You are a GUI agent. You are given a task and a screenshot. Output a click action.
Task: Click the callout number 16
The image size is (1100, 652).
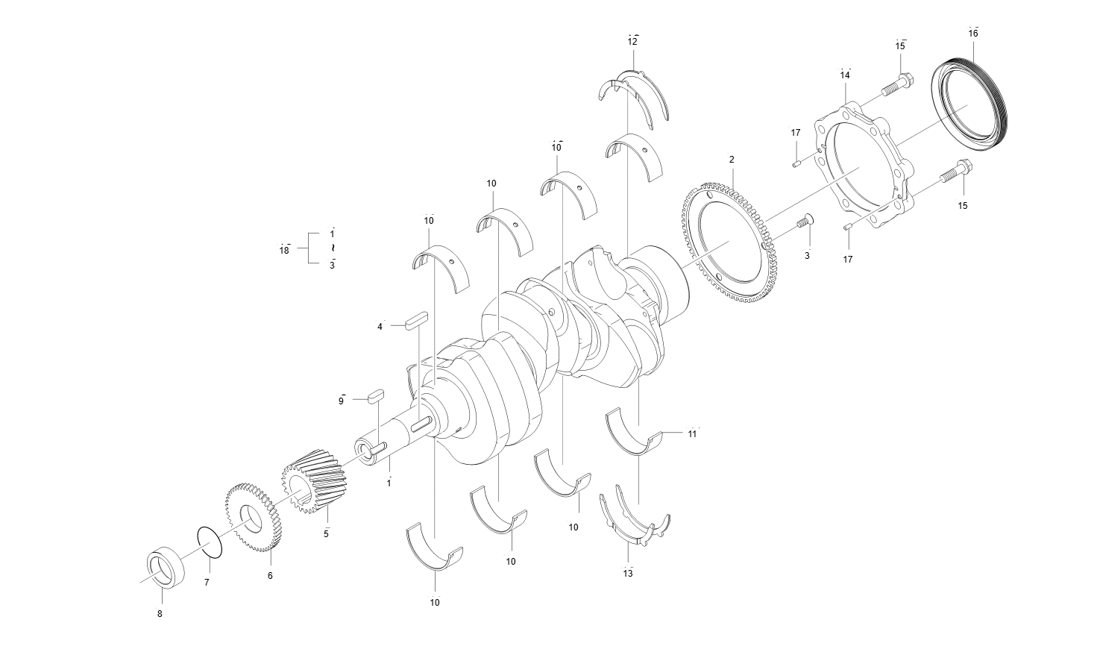coord(973,34)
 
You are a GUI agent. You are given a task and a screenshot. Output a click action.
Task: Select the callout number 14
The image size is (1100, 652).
coord(845,75)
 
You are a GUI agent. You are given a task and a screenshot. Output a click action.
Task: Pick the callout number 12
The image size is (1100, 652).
coord(632,42)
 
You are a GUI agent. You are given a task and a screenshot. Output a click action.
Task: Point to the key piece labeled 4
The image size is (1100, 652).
coord(415,322)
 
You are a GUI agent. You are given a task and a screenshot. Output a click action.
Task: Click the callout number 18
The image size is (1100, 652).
coord(284,251)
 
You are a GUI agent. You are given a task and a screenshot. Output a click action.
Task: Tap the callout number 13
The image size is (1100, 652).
coord(628,573)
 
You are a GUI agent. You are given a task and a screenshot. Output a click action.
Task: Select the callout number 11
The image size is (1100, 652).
coord(692,433)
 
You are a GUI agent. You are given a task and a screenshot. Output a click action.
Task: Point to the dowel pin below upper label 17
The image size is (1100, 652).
coord(796,163)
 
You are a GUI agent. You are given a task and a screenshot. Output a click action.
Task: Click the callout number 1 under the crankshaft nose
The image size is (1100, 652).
coord(389,483)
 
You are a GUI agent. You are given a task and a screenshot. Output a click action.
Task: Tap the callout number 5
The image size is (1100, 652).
coord(326,533)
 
